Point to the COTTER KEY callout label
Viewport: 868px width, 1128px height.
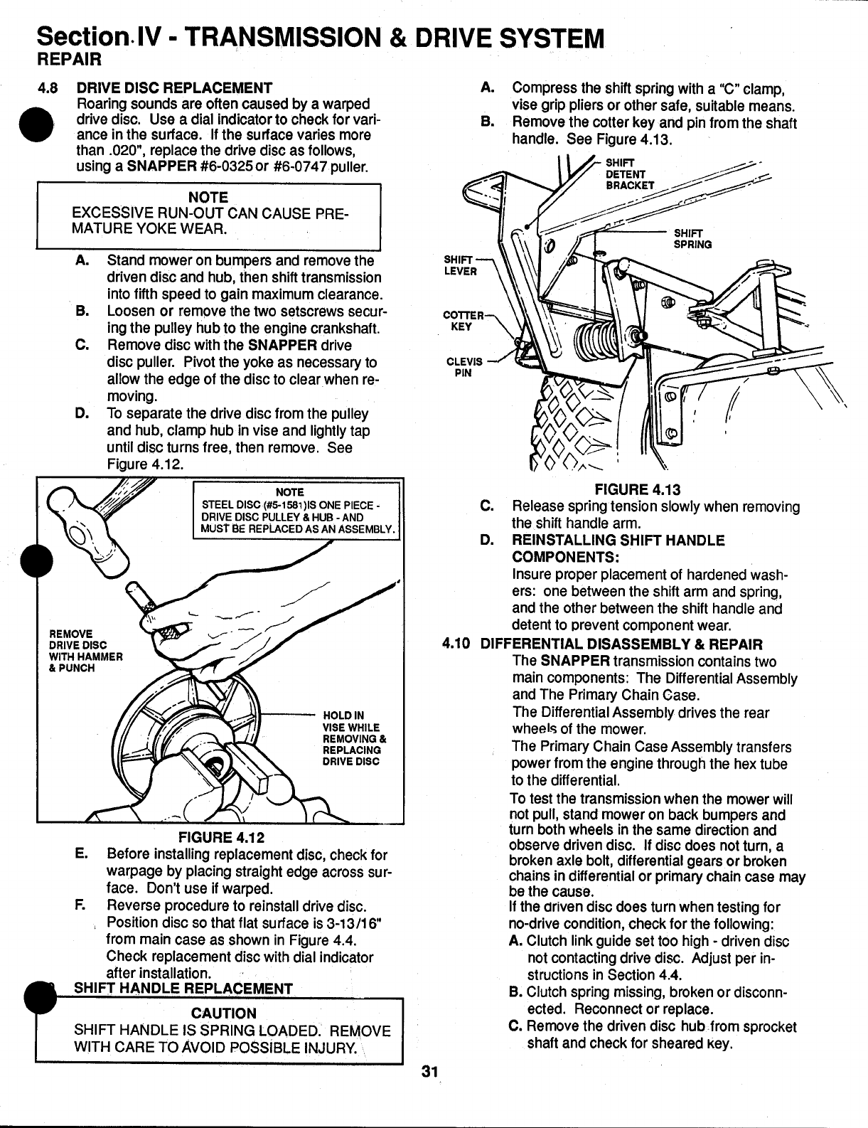(x=463, y=321)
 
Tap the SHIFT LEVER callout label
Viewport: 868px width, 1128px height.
(x=459, y=265)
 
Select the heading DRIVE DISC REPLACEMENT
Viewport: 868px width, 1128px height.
(x=174, y=88)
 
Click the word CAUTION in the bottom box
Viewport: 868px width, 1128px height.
(x=224, y=1013)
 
